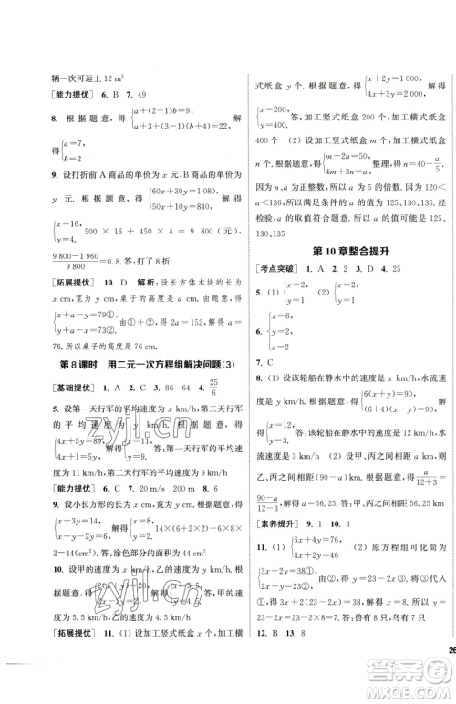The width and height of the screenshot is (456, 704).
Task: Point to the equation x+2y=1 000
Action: [x=398, y=79]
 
